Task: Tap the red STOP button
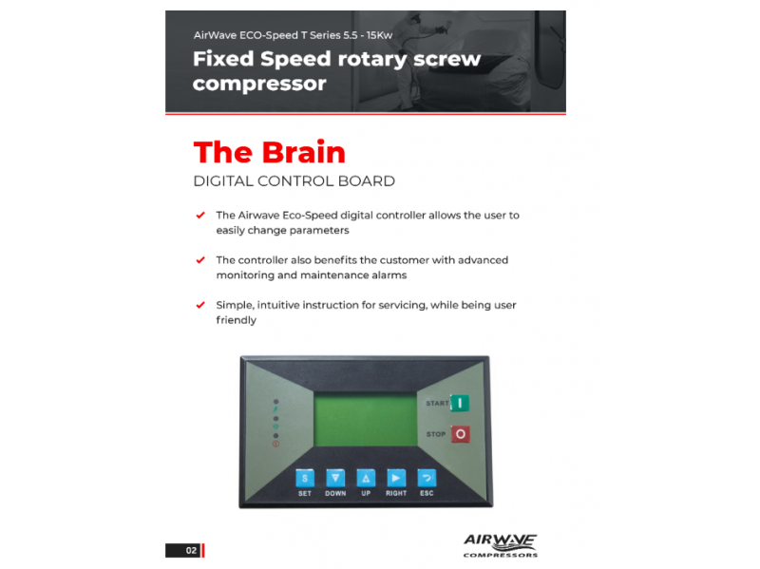[460, 434]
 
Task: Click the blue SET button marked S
[305, 479]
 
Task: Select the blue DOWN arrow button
[335, 478]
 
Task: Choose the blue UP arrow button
[366, 478]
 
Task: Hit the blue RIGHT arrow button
[396, 478]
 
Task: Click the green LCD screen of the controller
[366, 419]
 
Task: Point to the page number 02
[192, 551]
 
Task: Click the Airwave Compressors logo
[501, 545]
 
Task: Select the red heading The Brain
[270, 152]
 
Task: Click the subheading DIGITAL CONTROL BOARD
[294, 181]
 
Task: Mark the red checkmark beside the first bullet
[200, 215]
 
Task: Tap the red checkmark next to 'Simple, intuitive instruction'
[200, 305]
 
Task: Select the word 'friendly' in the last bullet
[236, 320]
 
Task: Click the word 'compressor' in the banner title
[259, 84]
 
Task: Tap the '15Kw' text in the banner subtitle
[379, 35]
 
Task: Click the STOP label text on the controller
[436, 434]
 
